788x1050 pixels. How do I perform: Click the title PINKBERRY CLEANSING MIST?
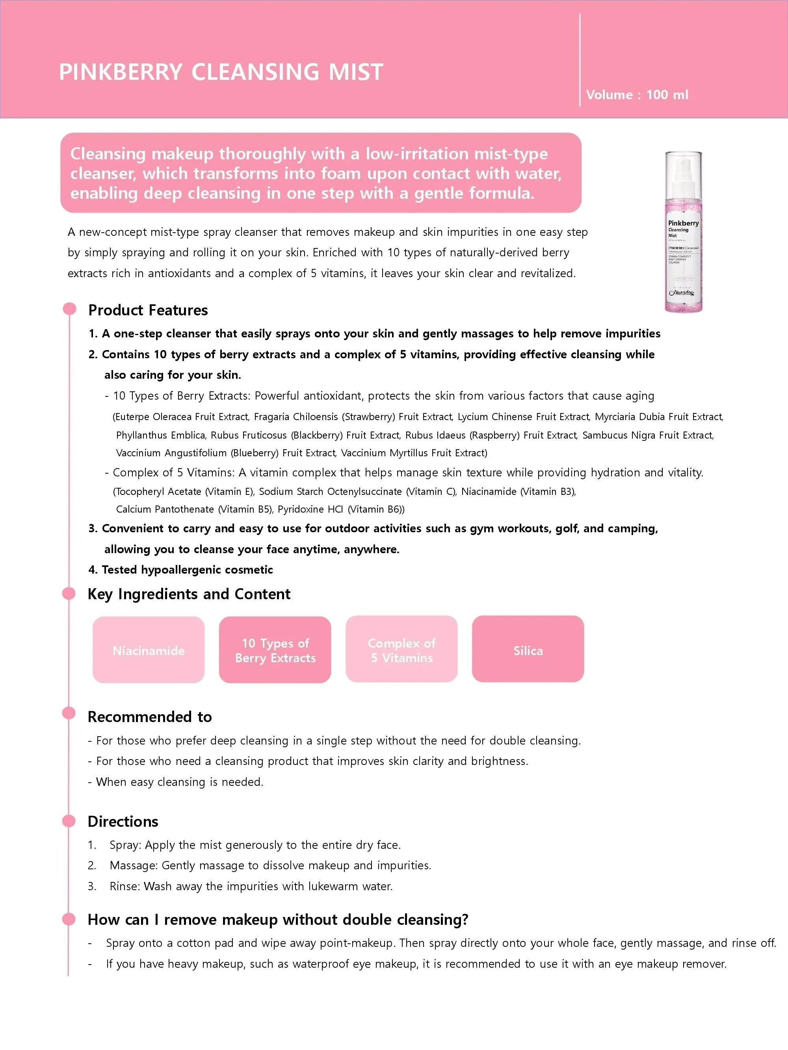coord(221,72)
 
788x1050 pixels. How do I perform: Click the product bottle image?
coord(683,231)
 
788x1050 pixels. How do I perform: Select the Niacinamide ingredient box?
coord(149,650)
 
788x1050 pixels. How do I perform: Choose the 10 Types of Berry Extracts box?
coord(275,650)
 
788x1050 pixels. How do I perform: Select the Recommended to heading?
coord(150,717)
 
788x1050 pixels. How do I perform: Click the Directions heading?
coord(123,821)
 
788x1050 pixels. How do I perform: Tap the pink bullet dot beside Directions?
coord(69,821)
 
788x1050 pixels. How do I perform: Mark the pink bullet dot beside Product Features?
coord(69,309)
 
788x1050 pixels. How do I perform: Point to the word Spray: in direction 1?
coord(126,845)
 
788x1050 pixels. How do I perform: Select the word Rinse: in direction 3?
coord(125,886)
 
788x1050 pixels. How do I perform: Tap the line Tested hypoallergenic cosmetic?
coord(180,570)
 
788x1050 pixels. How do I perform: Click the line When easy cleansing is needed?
coord(175,782)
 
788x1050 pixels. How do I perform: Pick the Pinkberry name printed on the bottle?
coord(683,223)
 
